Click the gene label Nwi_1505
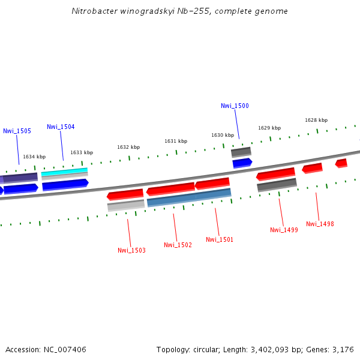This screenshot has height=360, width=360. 17,131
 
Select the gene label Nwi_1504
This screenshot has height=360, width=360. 61,127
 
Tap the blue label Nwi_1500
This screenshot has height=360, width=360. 235,106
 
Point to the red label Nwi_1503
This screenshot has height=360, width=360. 131,250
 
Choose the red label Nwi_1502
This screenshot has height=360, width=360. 178,245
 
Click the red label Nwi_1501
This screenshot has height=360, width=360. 220,239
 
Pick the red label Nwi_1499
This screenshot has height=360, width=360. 284,230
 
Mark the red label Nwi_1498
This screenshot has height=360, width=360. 320,224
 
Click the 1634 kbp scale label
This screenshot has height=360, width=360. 34,157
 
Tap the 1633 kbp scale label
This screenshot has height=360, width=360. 82,152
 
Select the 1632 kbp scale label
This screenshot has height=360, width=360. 128,147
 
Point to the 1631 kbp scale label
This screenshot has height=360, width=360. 176,141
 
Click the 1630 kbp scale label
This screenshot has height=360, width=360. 222,135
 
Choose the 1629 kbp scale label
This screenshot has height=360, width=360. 269,128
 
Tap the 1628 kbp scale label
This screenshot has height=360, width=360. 316,120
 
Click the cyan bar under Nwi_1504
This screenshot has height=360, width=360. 64,172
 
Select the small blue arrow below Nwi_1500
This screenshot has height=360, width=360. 242,162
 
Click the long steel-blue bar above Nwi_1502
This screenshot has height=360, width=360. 189,197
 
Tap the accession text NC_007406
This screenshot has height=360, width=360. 63,349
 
